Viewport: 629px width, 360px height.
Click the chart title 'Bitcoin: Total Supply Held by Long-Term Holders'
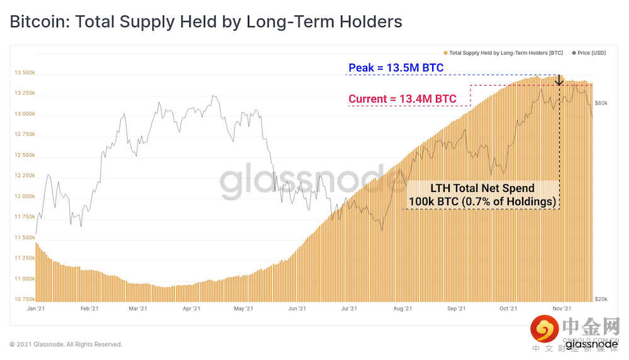(x=206, y=22)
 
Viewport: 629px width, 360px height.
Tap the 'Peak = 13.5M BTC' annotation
(x=396, y=67)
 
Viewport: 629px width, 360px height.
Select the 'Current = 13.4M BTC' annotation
(x=402, y=99)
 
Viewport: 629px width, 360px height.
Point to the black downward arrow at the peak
(x=559, y=80)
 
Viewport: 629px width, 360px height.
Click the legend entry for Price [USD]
(x=590, y=53)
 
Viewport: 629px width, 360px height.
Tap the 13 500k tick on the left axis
(x=25, y=72)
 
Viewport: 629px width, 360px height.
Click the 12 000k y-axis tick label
(x=25, y=196)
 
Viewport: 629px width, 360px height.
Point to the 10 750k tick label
(x=25, y=299)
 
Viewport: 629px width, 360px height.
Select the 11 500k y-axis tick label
(x=25, y=237)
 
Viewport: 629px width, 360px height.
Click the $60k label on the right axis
(x=601, y=103)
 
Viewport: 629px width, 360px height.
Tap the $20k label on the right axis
(x=601, y=299)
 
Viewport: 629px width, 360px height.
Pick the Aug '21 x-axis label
(x=402, y=308)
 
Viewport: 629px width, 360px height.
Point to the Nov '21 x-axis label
(x=561, y=308)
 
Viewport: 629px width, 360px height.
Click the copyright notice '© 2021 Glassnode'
(x=66, y=344)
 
